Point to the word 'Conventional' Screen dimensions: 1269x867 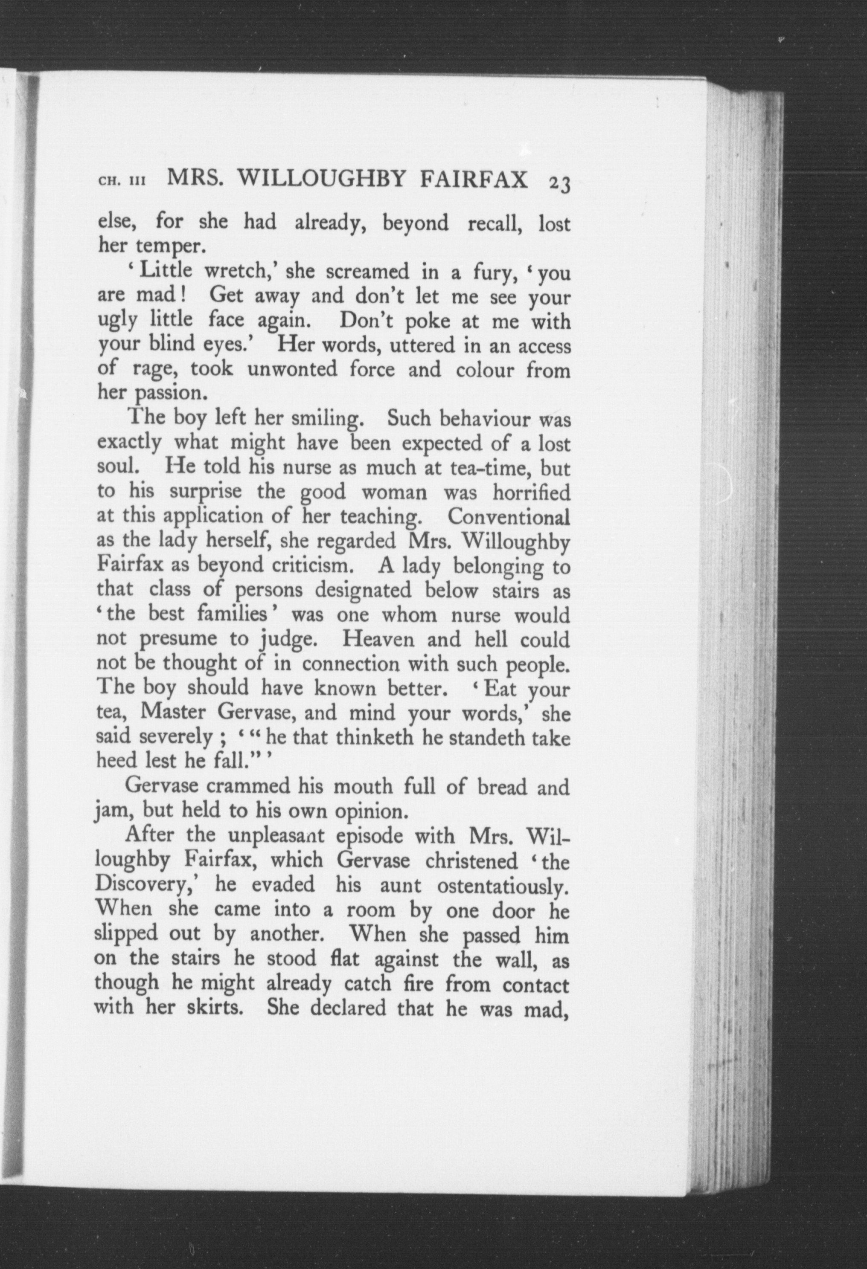508,516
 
